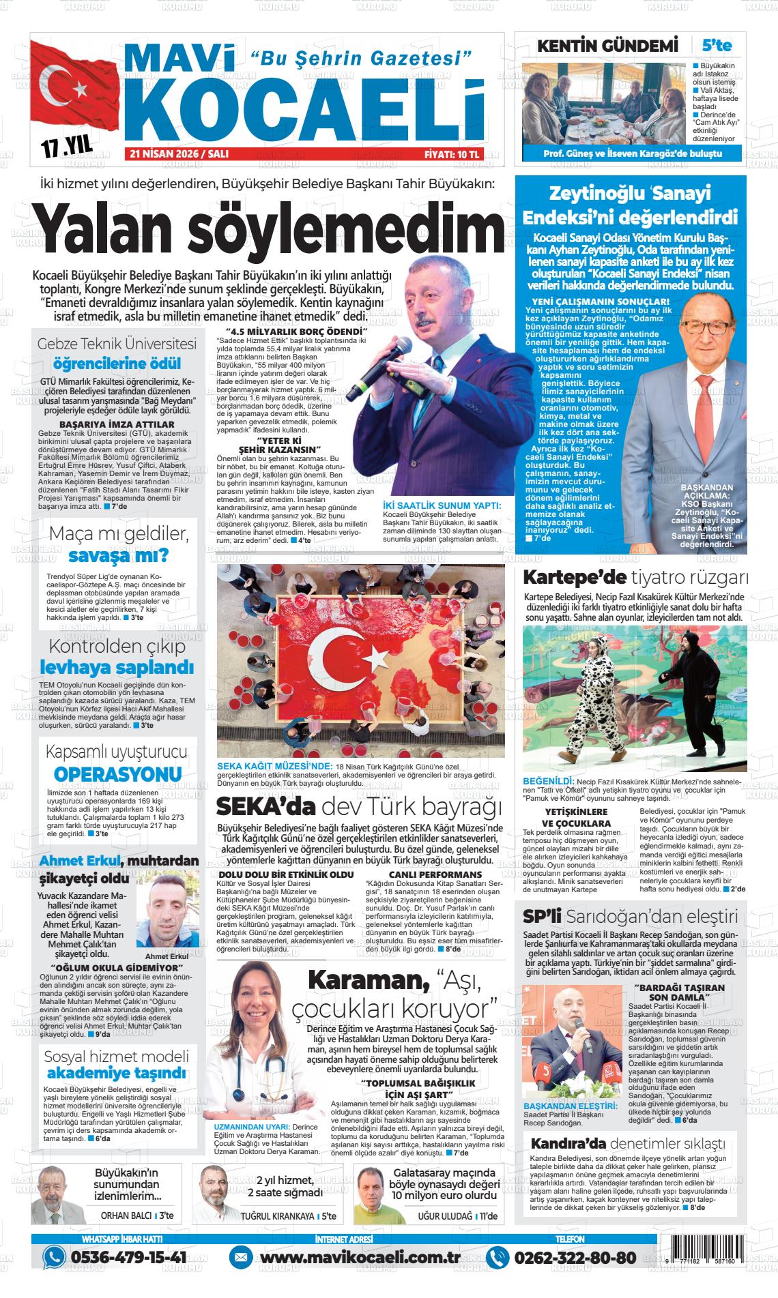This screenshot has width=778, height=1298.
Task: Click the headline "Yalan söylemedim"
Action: (270, 230)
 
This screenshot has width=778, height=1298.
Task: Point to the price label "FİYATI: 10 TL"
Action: (452, 155)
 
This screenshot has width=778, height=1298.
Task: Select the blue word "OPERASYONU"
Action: (117, 774)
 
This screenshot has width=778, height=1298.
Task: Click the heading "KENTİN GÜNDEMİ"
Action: (607, 46)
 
